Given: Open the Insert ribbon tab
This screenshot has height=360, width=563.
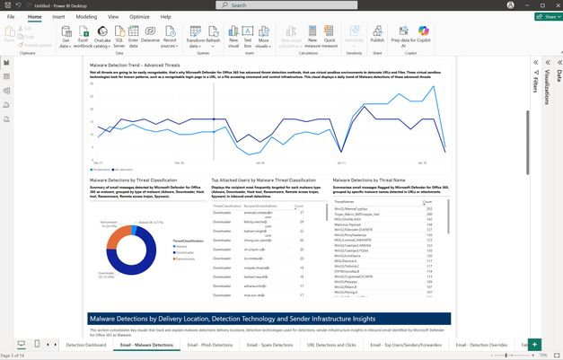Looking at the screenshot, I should click(58, 16).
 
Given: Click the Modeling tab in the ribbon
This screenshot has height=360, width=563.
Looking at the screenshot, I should click(86, 16).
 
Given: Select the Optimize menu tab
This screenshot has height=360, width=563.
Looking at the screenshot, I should click(139, 16).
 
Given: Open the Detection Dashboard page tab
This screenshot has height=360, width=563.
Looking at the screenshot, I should click(85, 345).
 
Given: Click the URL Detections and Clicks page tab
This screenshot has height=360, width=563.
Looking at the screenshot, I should click(332, 345).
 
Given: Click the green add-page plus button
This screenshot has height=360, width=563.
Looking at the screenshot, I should click(535, 345).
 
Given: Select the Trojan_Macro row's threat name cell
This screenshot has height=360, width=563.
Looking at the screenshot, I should click(359, 214).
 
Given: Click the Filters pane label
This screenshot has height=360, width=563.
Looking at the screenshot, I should click(537, 84).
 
